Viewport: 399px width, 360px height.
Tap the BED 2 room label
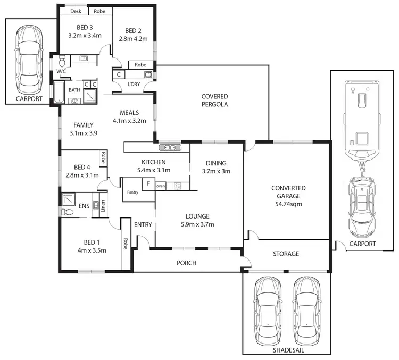(132, 30)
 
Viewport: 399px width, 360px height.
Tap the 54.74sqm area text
(288, 204)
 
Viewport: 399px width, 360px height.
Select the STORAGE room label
(286, 254)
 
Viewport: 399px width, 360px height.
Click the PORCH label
(186, 263)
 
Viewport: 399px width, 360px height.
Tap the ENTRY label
(143, 225)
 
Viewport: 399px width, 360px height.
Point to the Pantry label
(132, 192)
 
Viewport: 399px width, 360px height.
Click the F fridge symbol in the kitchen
(148, 184)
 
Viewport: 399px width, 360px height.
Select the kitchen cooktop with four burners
(178, 186)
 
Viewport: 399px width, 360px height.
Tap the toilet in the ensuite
(68, 212)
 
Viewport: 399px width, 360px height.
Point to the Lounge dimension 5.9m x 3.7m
(197, 224)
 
